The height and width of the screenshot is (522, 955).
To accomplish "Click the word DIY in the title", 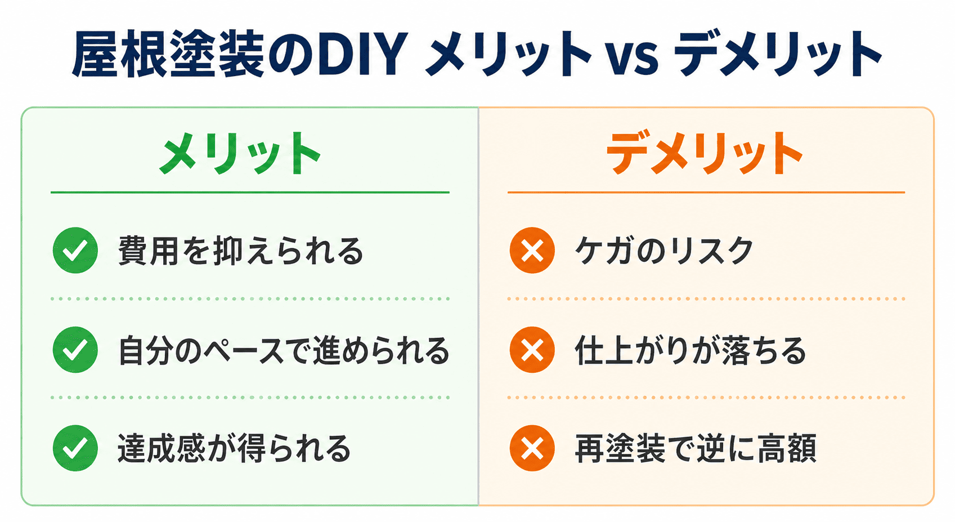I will [x=362, y=55].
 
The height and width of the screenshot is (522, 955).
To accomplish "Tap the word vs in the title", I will [x=632, y=57].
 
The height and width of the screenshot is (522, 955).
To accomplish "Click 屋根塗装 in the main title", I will [x=168, y=55].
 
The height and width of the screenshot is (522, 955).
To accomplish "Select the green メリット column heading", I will [x=240, y=153].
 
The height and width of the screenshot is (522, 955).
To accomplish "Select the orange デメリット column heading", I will [x=705, y=153].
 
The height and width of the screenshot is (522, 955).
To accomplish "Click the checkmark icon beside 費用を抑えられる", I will [x=75, y=251].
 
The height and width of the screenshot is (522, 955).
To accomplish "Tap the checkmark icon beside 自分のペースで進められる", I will [x=75, y=350].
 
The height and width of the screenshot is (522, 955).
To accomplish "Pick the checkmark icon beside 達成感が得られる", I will [x=75, y=448].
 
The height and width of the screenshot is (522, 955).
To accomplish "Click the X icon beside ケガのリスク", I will [x=532, y=251].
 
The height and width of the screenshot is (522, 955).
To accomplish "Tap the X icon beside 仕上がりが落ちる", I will [x=532, y=350].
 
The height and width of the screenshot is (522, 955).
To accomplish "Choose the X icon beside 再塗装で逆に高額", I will [x=532, y=448].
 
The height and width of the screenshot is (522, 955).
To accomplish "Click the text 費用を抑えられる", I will [x=241, y=251].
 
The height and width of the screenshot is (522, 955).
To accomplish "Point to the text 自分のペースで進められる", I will [x=284, y=350].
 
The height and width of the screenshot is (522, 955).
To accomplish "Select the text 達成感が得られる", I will [x=234, y=449].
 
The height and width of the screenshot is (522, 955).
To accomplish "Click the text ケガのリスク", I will [x=664, y=251].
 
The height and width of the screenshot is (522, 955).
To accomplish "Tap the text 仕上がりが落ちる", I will [x=691, y=350].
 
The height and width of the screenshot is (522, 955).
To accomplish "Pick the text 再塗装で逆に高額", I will [x=696, y=449].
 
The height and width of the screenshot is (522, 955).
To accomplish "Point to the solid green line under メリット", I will [x=250, y=193].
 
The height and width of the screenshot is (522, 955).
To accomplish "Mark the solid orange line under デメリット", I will [x=706, y=193].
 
